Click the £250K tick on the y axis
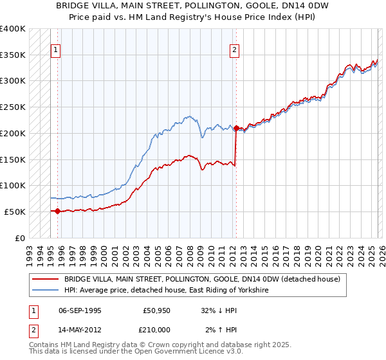click(x=13, y=107)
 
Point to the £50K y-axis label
click(x=15, y=212)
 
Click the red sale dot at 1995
click(x=58, y=211)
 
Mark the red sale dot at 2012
click(x=236, y=128)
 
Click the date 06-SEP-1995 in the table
click(x=80, y=309)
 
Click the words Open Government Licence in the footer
click(x=167, y=352)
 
